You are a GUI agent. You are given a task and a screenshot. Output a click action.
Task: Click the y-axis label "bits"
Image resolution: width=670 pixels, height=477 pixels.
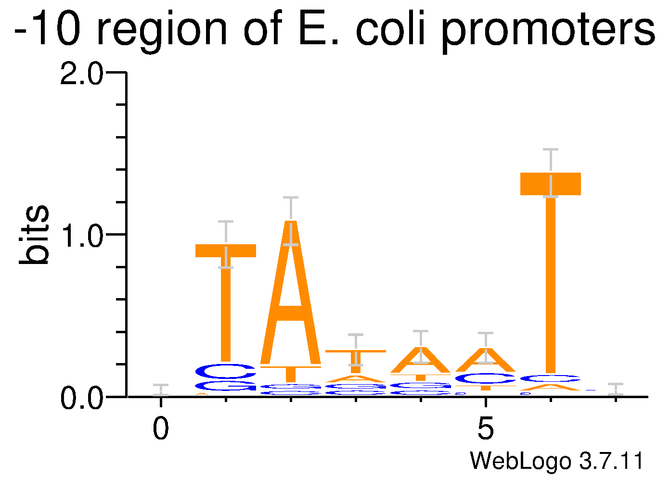point(35,235)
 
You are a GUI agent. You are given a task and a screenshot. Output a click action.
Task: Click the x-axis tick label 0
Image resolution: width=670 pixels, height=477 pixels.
point(161,429)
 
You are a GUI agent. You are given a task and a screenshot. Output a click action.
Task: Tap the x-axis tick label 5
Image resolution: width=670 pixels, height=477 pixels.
point(486,429)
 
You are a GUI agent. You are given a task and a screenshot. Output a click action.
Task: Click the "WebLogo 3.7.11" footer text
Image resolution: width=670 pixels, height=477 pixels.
point(556,461)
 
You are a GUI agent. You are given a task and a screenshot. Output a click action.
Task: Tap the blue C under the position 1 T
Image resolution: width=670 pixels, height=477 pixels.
point(225,371)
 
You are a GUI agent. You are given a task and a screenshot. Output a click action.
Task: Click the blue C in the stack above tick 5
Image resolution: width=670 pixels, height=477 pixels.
point(486,379)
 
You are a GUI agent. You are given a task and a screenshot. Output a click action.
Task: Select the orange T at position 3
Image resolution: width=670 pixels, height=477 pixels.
point(356,361)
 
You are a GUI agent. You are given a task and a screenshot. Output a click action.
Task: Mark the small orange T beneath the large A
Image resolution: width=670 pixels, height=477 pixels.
point(291,374)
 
